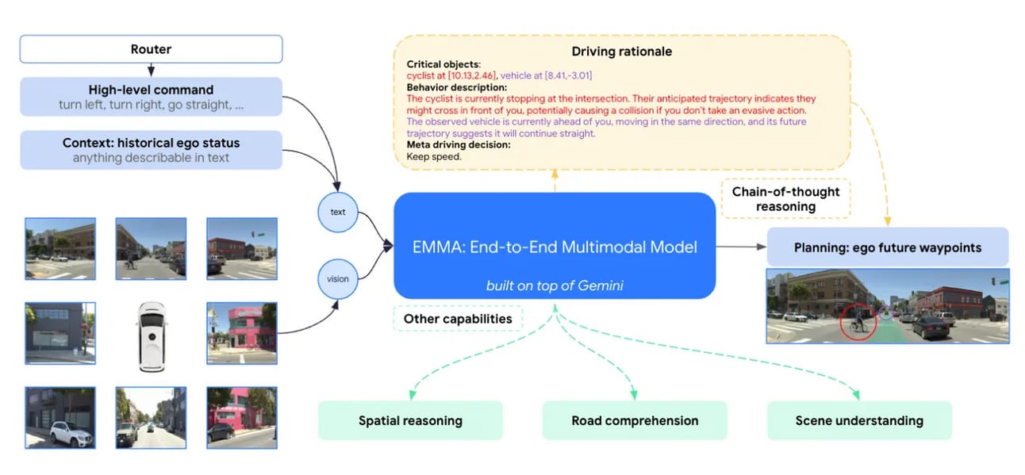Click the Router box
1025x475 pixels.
click(x=151, y=49)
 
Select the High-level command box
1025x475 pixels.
click(x=151, y=97)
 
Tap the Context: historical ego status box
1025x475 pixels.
click(x=151, y=150)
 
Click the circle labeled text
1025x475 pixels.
click(x=337, y=212)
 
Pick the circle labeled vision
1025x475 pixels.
click(x=337, y=278)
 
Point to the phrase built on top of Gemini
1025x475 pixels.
click(x=555, y=285)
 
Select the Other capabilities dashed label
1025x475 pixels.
click(x=458, y=319)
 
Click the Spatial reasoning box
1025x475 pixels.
click(x=410, y=420)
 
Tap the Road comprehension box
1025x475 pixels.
click(x=635, y=420)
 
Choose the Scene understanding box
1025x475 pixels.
click(x=859, y=420)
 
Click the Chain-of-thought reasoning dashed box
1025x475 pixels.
click(x=785, y=199)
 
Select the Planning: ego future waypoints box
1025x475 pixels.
click(x=887, y=247)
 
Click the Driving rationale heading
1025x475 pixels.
click(x=621, y=52)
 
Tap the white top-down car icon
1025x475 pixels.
click(x=151, y=337)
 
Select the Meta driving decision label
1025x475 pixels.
click(x=458, y=144)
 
